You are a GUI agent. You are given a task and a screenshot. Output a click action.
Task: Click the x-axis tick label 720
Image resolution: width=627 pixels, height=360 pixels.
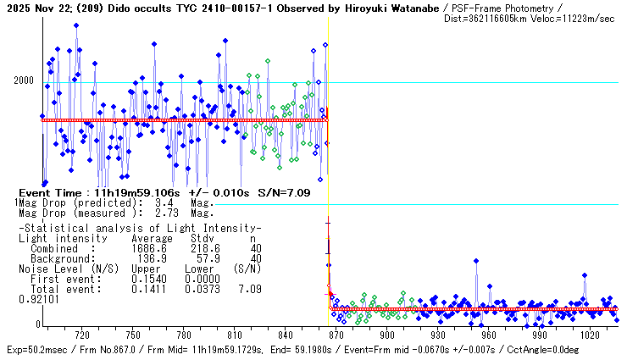[x=82, y=335]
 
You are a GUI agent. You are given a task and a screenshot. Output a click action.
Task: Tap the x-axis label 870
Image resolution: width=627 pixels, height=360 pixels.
[x=336, y=335]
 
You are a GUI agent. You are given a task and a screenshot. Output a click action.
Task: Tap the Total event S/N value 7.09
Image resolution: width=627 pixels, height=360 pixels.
[x=249, y=288]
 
